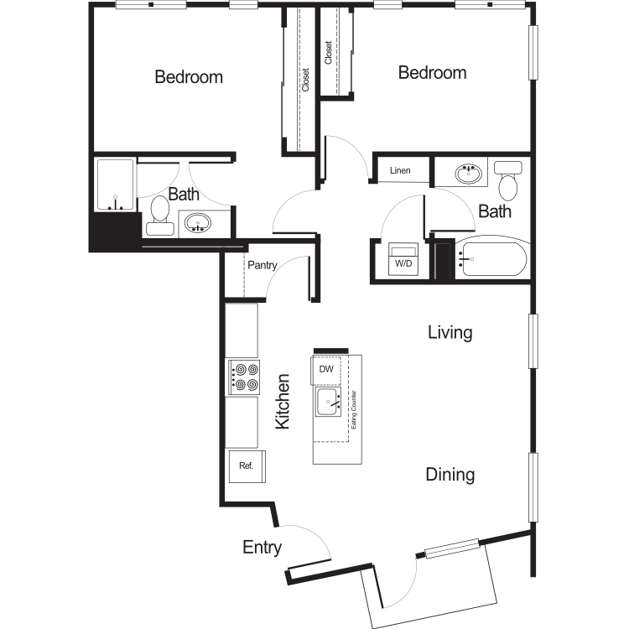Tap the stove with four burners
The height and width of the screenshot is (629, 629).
tap(243, 377)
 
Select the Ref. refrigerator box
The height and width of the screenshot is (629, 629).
tap(246, 466)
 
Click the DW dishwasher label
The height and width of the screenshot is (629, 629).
tap(326, 368)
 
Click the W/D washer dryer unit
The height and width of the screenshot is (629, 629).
tap(403, 258)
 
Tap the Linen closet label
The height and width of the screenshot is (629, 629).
tap(400, 171)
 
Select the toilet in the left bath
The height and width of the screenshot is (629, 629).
tap(160, 213)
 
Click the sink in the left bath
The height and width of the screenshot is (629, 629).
tap(198, 223)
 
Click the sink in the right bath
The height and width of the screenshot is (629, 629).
tap(470, 174)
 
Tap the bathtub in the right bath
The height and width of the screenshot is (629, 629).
tap(491, 258)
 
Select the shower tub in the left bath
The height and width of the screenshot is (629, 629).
tap(115, 185)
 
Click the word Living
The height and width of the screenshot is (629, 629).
tap(450, 332)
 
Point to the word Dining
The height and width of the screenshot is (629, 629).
tap(450, 475)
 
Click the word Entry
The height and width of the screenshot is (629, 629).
tap(262, 548)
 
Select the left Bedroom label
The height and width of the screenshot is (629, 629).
tap(189, 77)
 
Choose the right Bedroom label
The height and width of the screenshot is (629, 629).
tap(432, 73)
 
